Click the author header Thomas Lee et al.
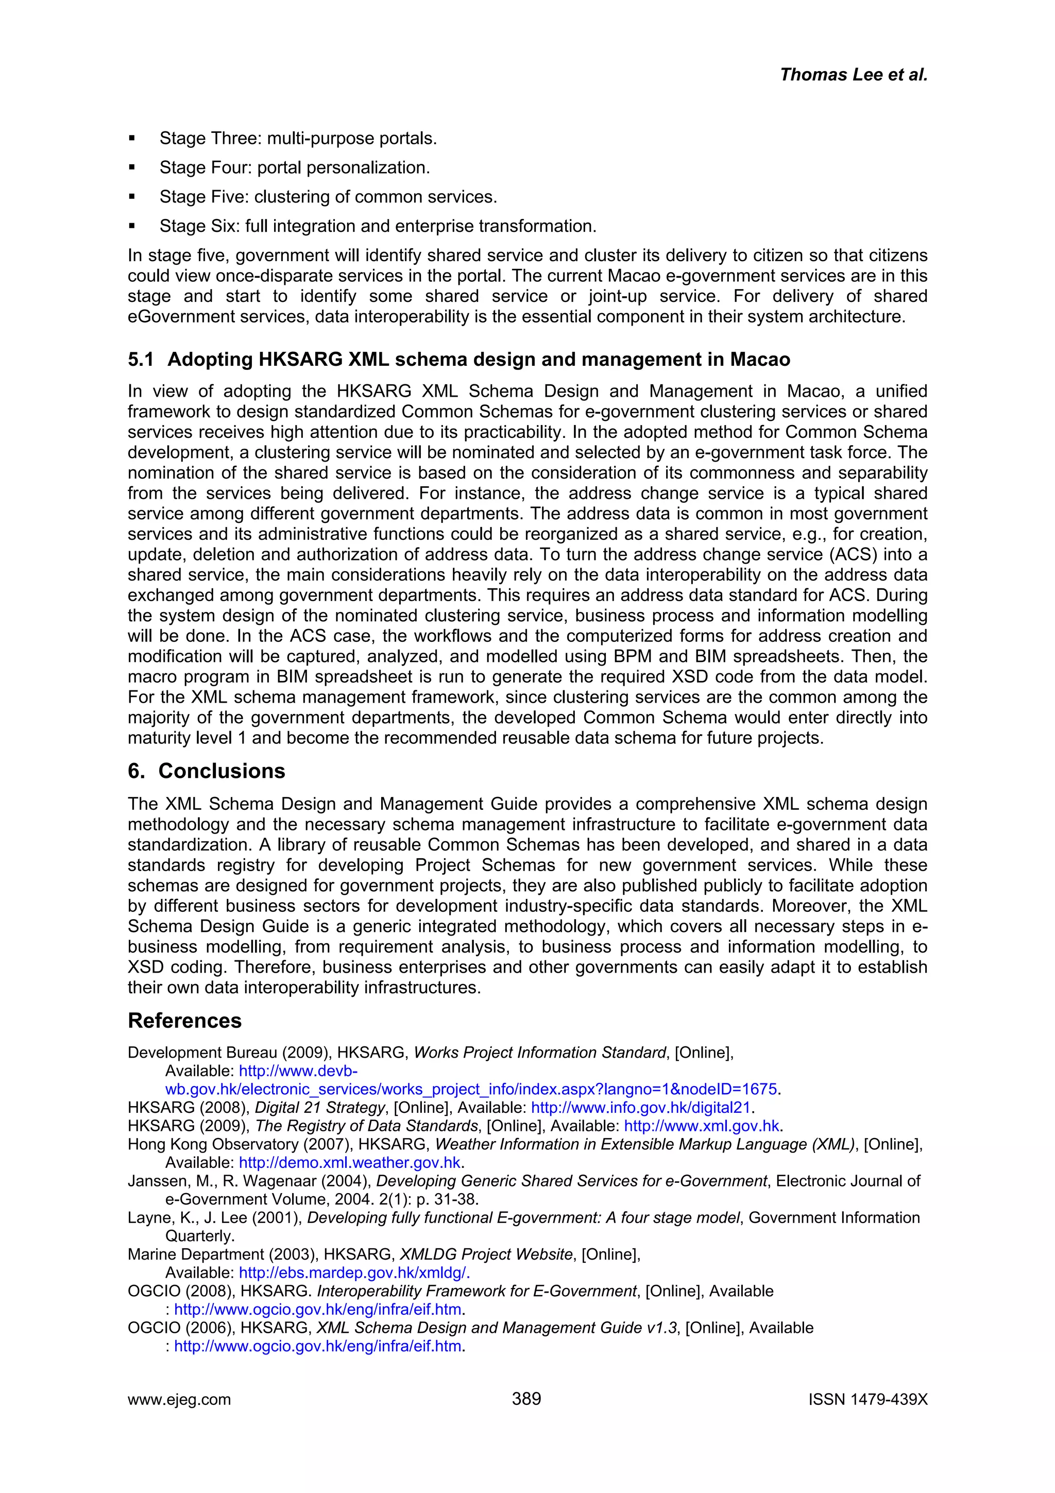(853, 75)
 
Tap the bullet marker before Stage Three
(132, 139)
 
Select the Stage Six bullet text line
(378, 226)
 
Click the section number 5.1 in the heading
(141, 360)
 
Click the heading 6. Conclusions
(206, 771)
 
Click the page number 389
(526, 1398)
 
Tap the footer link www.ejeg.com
(179, 1399)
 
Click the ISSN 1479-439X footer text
(868, 1399)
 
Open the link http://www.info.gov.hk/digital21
(641, 1108)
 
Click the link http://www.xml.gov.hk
(701, 1126)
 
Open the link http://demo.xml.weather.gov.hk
(350, 1163)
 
